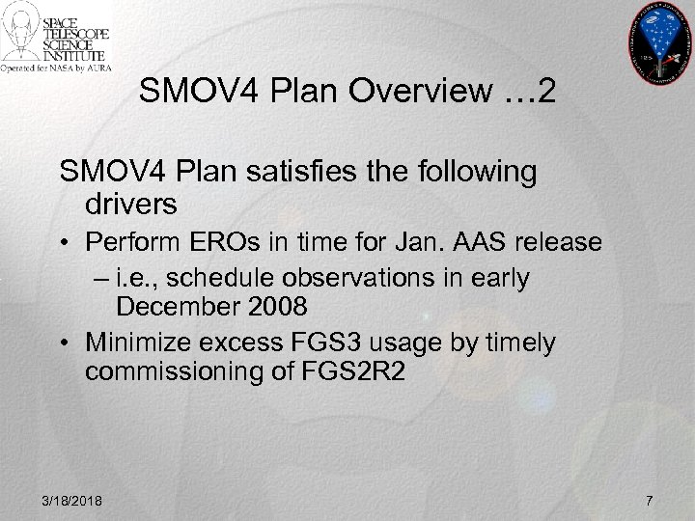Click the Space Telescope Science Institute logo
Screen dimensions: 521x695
coord(58,38)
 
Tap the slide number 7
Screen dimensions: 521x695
coord(649,500)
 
